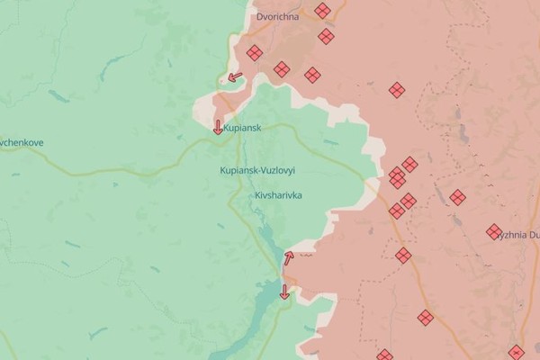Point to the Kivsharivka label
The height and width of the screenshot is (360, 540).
(278, 194)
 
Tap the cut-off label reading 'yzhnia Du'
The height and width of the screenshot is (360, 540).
(520, 235)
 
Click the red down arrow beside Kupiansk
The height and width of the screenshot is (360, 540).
(218, 127)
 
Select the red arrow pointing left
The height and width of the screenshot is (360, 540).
(235, 77)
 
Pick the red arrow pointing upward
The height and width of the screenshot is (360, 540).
(289, 257)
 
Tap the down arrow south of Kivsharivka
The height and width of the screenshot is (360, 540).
(284, 291)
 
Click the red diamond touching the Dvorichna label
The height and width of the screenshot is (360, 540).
(322, 12)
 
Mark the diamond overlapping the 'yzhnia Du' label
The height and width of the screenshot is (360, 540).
(494, 231)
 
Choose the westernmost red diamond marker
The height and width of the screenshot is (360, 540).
(255, 53)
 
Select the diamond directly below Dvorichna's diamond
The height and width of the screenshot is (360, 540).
(326, 37)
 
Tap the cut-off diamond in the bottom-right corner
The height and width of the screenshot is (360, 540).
(516, 353)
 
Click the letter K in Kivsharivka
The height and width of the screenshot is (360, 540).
(257, 194)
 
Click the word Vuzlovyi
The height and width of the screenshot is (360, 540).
(279, 170)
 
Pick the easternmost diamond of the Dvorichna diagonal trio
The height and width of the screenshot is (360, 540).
(312, 75)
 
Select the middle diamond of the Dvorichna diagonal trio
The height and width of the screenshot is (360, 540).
(283, 68)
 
